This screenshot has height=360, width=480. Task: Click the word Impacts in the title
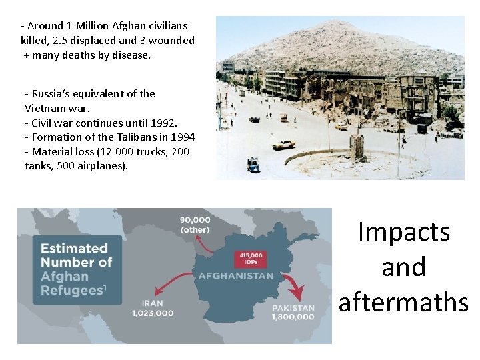pos(403,232)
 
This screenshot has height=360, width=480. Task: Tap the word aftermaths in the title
pos(403,301)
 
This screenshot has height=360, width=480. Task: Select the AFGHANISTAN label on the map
pos(235,275)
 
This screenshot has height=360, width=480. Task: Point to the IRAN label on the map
pos(153,303)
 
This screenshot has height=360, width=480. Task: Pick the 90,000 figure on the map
pos(195,219)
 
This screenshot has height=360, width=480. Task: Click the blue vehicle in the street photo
pos(253,164)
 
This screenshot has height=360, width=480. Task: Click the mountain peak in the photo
pos(337,25)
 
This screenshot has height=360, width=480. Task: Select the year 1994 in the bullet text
pos(182,137)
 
